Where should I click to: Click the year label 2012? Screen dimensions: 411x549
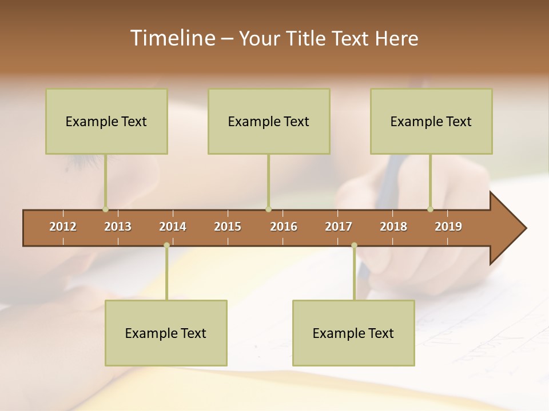[x=63, y=227]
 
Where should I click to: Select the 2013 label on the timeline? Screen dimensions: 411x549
[x=118, y=227]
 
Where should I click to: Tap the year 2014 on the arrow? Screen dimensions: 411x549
[x=173, y=227]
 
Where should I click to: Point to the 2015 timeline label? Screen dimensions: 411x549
[x=228, y=227]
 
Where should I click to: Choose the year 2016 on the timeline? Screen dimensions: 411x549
[x=284, y=227]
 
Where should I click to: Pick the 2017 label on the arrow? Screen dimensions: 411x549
[x=339, y=227]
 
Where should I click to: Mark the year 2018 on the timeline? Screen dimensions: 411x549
[x=393, y=227]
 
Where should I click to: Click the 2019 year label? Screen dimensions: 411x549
[x=448, y=227]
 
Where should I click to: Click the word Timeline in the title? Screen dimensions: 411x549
[x=172, y=38]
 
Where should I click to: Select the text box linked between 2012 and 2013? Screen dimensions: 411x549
[x=106, y=121]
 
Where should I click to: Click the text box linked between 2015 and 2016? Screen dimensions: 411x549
[x=269, y=121]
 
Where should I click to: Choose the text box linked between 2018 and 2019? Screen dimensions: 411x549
[x=431, y=121]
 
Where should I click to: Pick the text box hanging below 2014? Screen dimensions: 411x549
[x=166, y=333]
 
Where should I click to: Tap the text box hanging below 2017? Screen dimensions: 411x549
[x=353, y=333]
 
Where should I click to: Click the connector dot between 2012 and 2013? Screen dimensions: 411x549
[x=105, y=209]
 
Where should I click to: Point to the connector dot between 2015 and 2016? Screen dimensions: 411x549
[x=269, y=209]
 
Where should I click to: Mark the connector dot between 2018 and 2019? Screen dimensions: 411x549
[x=430, y=209]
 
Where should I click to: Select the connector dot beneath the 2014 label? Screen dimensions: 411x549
[x=166, y=245]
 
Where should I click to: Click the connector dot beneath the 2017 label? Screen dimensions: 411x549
[x=354, y=245]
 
